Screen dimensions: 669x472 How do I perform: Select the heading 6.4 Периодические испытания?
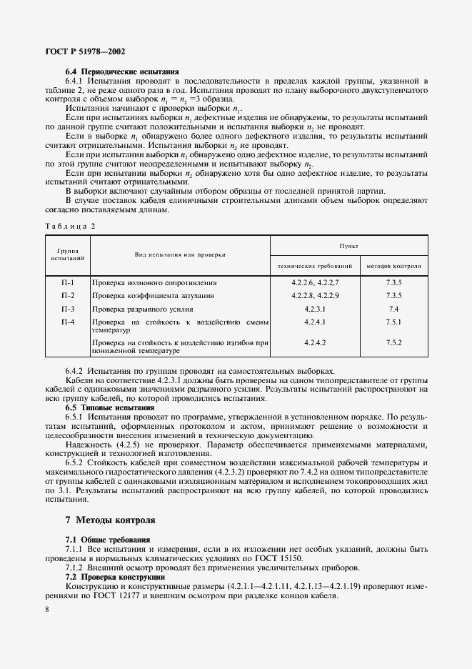[122, 71]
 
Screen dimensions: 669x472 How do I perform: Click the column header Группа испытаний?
[68, 254]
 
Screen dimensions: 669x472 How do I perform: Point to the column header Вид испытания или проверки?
[180, 254]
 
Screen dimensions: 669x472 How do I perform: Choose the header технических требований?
[315, 266]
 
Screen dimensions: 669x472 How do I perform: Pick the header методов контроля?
[393, 266]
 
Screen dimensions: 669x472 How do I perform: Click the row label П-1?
[68, 283]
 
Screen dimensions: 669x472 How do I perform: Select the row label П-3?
[68, 309]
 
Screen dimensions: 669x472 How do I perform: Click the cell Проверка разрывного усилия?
[144, 309]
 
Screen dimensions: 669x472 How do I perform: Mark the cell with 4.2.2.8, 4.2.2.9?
[315, 296]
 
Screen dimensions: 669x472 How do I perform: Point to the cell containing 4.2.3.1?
[315, 309]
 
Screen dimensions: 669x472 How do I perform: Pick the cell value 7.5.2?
[393, 343]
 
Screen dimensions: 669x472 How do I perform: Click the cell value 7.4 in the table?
[393, 309]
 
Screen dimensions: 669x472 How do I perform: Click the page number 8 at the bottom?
[47, 609]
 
